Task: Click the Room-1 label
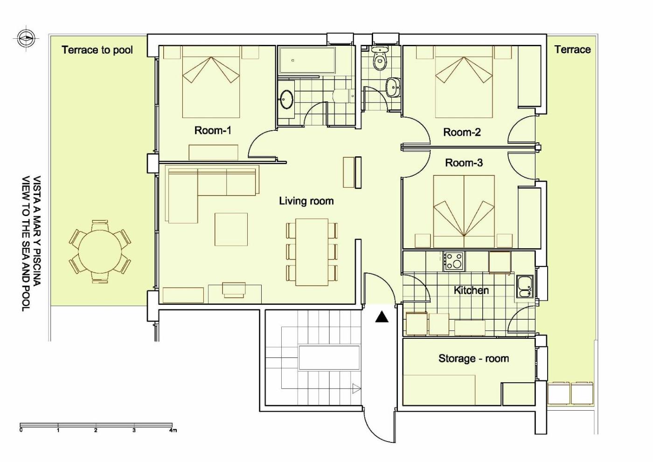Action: pos(213,130)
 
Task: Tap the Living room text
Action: pos(306,201)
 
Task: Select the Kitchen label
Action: pos(471,290)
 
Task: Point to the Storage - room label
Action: pos(473,358)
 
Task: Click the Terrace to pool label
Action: pos(97,50)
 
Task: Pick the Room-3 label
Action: pos(464,163)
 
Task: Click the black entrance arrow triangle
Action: pos(382,317)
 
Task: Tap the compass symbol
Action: pos(25,38)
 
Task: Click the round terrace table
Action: pos(100,251)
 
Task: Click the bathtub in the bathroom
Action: pos(307,61)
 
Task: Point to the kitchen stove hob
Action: pos(454,261)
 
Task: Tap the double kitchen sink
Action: pos(525,287)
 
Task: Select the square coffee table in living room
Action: pos(231,230)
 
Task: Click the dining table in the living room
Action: pos(312,252)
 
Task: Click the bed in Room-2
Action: pos(464,82)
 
